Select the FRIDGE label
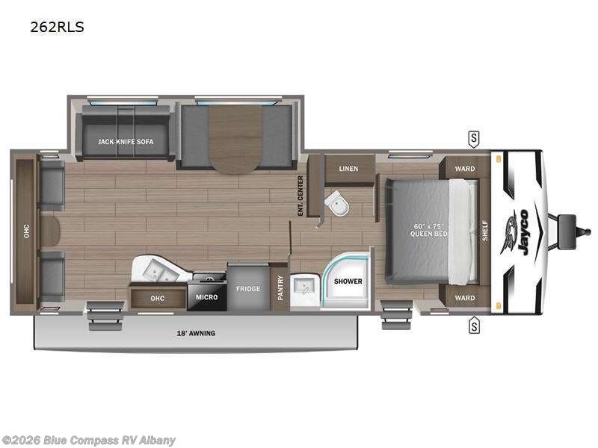248,288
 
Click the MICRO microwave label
207,297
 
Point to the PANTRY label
280,287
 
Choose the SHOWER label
348,281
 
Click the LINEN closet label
348,169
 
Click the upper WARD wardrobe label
465,169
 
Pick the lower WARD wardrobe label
465,297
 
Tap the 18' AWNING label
196,333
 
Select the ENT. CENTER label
300,196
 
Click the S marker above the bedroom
473,138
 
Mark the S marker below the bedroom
473,325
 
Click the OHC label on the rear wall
25,231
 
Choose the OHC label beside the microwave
157,297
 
